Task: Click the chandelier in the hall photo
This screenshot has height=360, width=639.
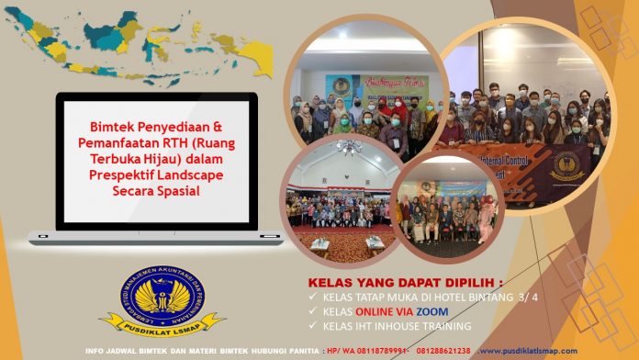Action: tap(349, 146)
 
